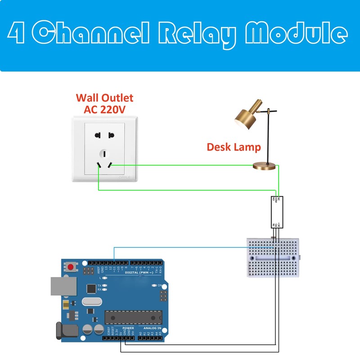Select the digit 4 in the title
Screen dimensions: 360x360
click(17, 34)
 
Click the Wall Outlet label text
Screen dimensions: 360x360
click(104, 98)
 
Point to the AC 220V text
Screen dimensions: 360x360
click(104, 109)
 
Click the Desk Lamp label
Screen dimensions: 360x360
click(234, 147)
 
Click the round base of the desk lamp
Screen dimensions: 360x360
click(265, 166)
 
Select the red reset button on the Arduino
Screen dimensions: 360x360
click(70, 267)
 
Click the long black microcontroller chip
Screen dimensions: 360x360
click(133, 317)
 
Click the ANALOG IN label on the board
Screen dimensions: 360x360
click(152, 328)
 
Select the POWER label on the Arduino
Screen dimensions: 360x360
click(128, 328)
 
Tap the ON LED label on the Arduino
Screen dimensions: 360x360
click(160, 285)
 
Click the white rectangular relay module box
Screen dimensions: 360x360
click(277, 211)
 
